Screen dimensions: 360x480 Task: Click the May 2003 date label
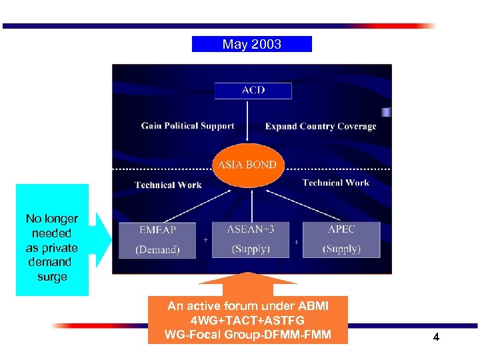(x=251, y=45)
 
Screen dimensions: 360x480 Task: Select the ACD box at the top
(x=253, y=90)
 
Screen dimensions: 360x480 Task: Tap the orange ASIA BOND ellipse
(x=247, y=165)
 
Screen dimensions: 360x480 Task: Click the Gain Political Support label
(x=187, y=125)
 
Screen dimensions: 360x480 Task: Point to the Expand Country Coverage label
(x=320, y=126)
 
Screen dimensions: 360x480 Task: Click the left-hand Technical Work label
(x=168, y=185)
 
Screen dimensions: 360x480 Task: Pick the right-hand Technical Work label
(x=335, y=183)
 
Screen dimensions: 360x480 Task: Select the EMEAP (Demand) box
(x=158, y=239)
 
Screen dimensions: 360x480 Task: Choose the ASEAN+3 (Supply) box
(x=251, y=239)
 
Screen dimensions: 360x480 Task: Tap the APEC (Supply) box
(x=341, y=239)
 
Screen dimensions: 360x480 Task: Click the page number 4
(x=436, y=337)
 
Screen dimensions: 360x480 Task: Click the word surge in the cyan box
(x=52, y=277)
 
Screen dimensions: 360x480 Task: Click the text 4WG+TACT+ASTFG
(x=247, y=320)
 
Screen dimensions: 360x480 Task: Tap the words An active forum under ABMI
(x=247, y=306)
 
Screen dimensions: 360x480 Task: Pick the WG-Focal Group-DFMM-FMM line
(x=247, y=334)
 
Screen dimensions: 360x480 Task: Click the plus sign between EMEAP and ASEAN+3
(x=205, y=239)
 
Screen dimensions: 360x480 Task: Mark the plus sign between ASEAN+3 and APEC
(x=296, y=242)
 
